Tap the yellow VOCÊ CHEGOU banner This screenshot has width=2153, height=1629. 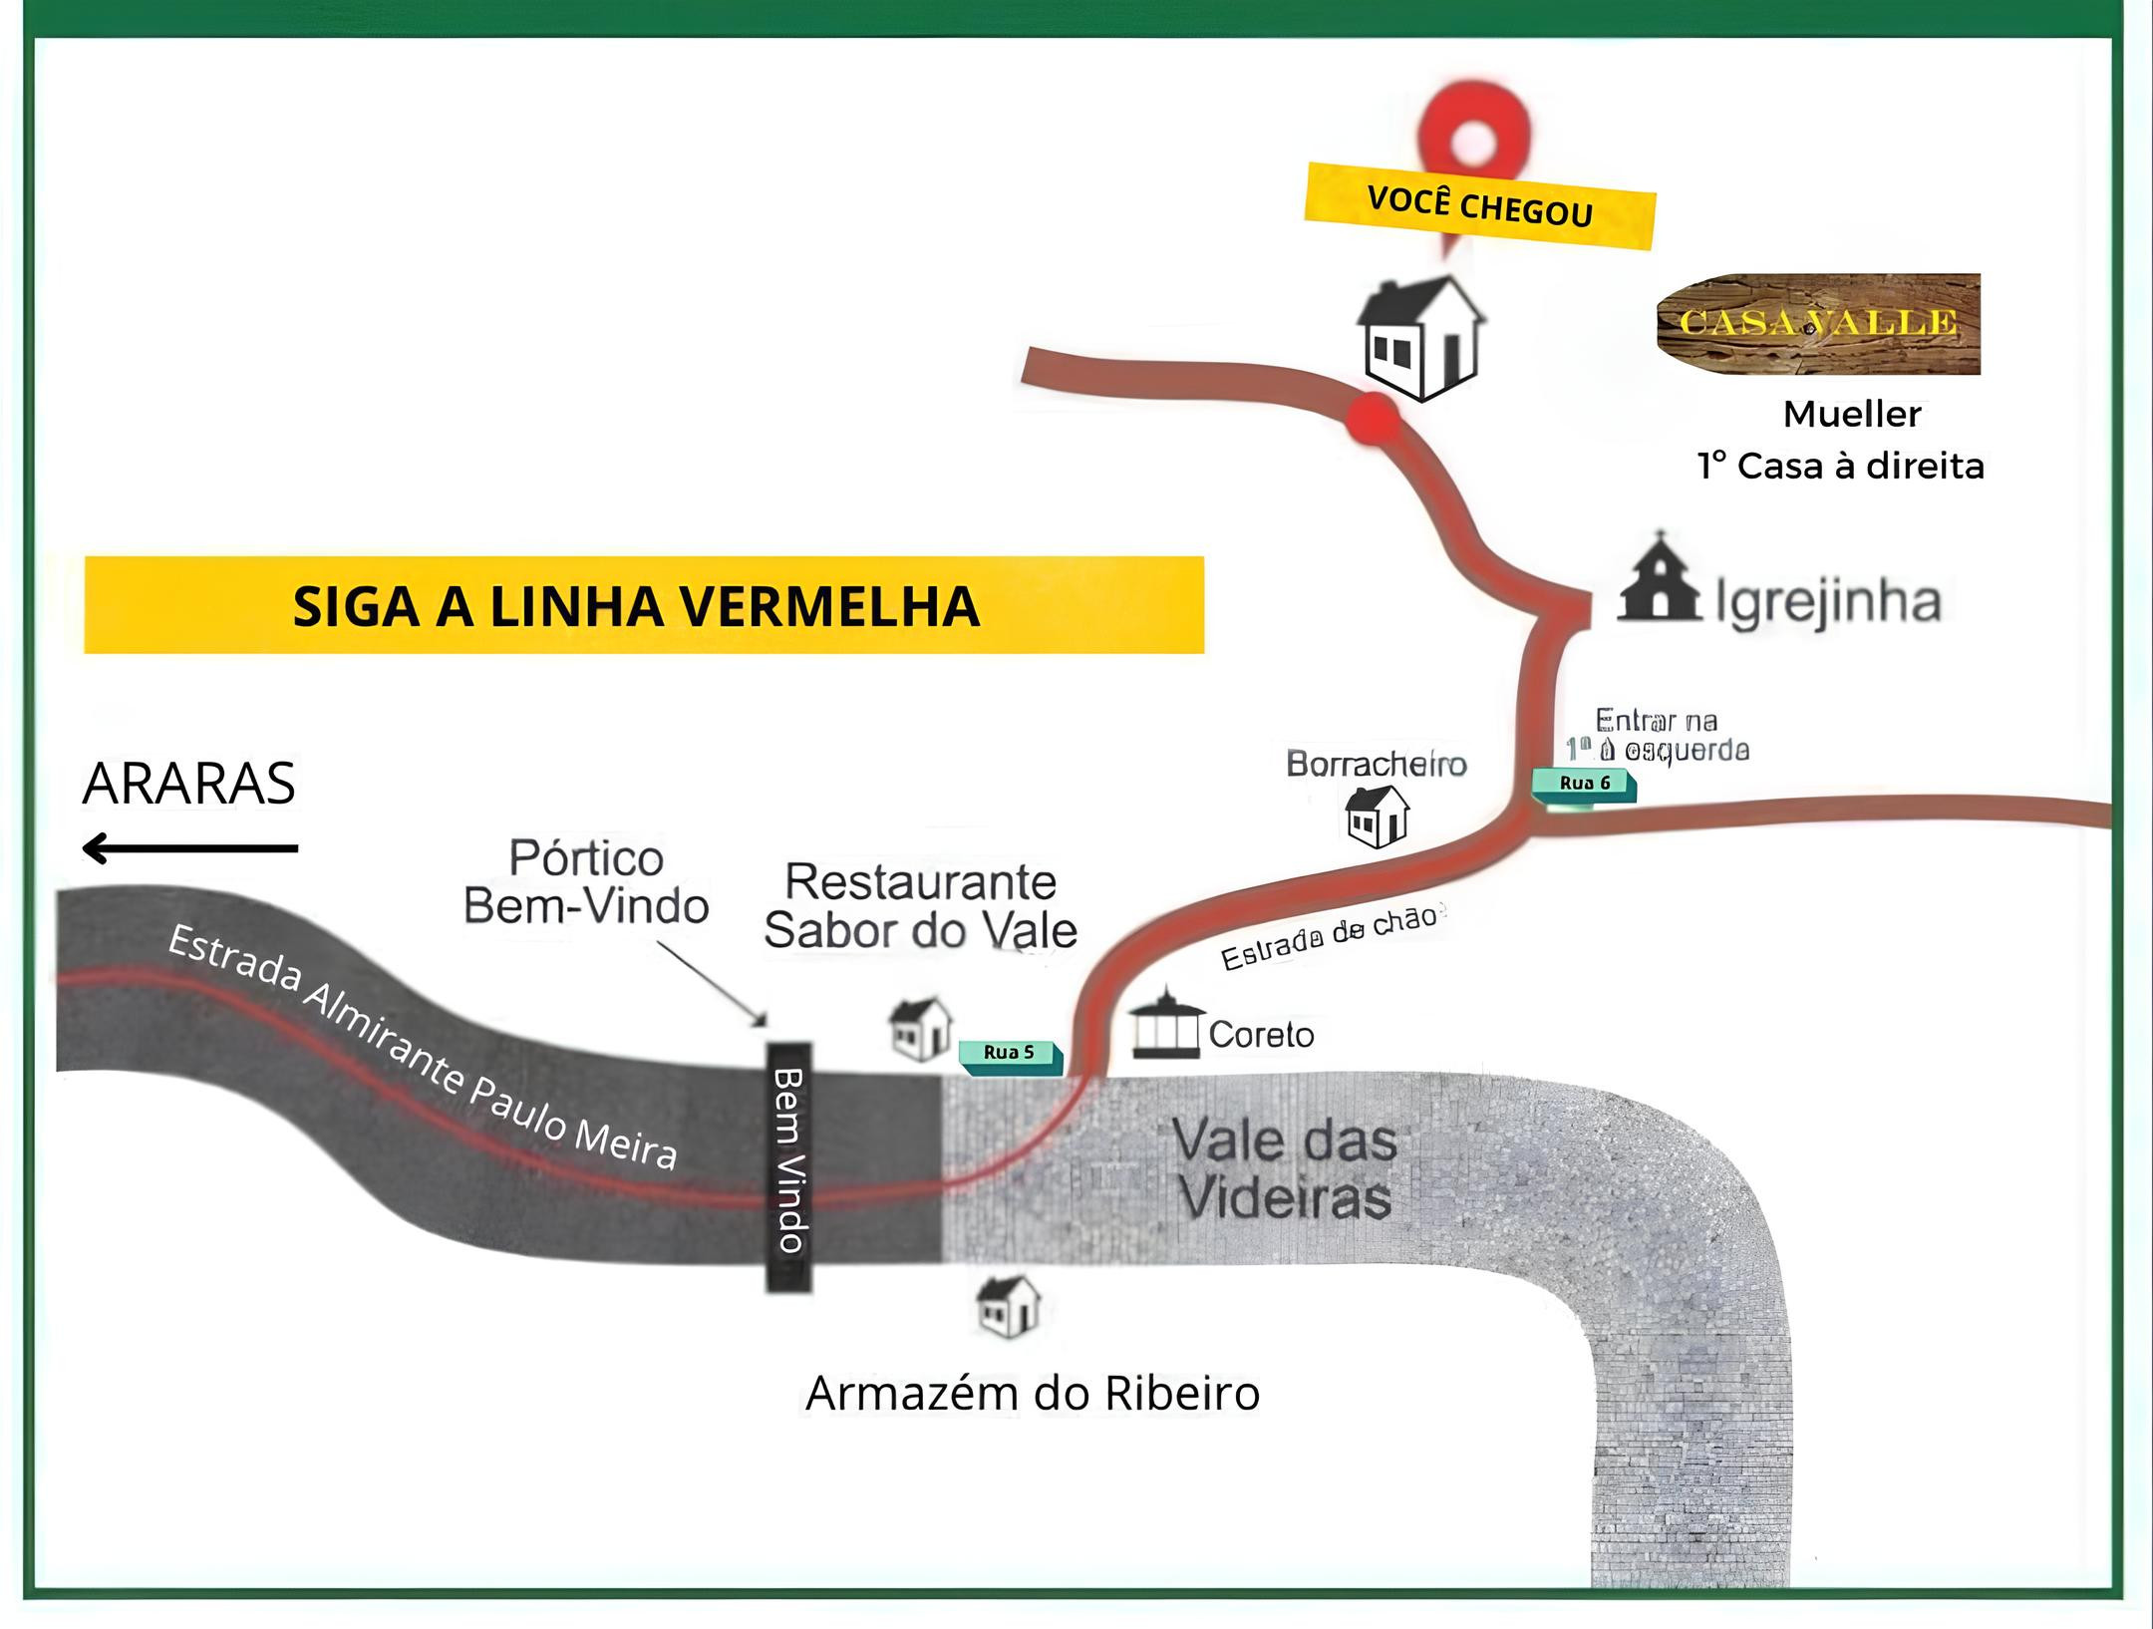[x=1479, y=205]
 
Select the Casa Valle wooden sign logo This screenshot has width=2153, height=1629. [x=1818, y=323]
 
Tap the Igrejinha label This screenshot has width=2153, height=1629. [x=1828, y=602]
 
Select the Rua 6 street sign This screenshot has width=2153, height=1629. [x=1584, y=784]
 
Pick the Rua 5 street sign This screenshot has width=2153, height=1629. [x=1010, y=1054]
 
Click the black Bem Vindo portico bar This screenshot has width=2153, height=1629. [x=788, y=1166]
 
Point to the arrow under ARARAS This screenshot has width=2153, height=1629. [x=189, y=848]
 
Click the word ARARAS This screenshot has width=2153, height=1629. [x=189, y=784]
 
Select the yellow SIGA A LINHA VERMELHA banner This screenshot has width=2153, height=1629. [x=644, y=605]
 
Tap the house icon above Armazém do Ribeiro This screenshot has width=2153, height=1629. [x=1009, y=1306]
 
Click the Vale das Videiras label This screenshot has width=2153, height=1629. [x=1284, y=1168]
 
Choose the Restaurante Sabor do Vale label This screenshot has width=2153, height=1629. [x=920, y=905]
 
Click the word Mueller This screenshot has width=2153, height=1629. [x=1852, y=414]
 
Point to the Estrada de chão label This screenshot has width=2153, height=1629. [x=1332, y=938]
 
